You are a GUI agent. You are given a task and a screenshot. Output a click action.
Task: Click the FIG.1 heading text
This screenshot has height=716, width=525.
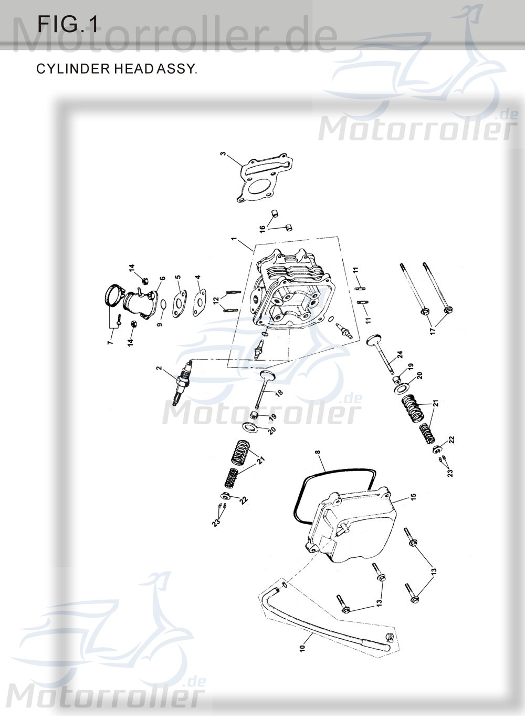[x=68, y=25]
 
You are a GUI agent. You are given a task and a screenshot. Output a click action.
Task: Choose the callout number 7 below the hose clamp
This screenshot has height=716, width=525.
[x=110, y=343]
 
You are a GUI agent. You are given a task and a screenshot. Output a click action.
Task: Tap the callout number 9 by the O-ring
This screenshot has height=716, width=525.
[x=160, y=321]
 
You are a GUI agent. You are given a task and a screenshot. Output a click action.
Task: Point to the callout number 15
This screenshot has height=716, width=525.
[x=413, y=496]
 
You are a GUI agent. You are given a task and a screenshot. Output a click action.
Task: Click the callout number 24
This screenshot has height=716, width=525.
[x=400, y=356]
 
